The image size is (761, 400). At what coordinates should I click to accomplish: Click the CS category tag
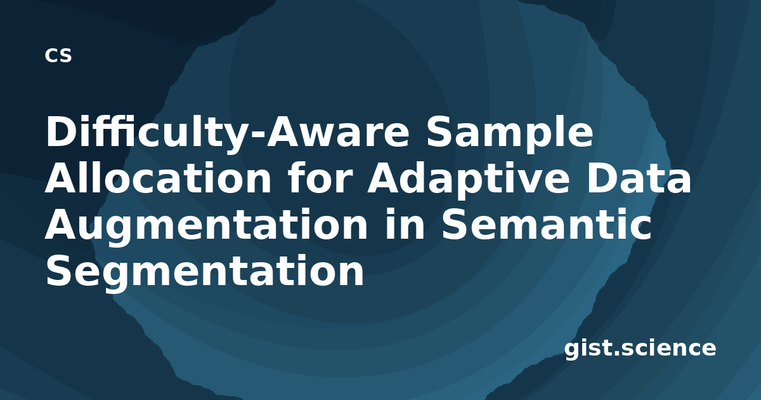click(x=58, y=55)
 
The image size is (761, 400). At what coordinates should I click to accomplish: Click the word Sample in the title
click(x=510, y=133)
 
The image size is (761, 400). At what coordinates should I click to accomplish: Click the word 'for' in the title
click(x=318, y=177)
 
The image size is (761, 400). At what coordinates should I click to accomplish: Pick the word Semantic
click(x=546, y=223)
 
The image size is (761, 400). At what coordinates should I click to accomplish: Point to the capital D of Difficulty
click(x=63, y=131)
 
